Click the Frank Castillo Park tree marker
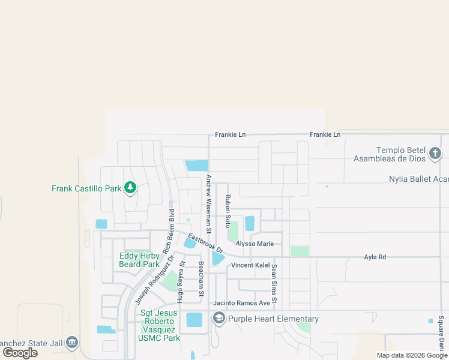coord(130,188)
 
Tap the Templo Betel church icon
coord(436,154)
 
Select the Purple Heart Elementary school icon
coord(218,319)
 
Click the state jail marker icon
coord(72,343)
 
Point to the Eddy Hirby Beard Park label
coord(139,260)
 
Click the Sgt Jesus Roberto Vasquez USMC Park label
coord(160,325)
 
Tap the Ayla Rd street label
coord(375,257)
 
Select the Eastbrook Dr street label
coord(205,242)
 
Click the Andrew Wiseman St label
coord(209,203)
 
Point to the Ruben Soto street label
coord(228,211)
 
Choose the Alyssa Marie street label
coord(255,244)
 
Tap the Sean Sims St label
coord(274,283)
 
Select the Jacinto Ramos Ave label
coord(242,303)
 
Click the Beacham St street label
coord(201,279)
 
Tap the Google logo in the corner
coord(20,353)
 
